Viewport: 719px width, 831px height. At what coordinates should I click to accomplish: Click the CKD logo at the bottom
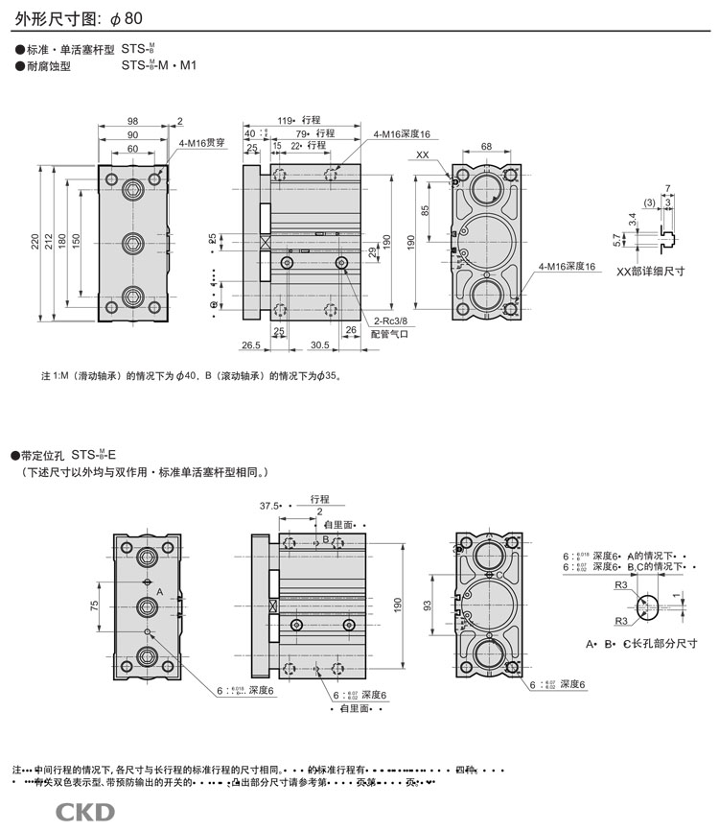point(85,813)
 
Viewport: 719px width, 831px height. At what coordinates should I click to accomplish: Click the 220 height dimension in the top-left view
point(35,245)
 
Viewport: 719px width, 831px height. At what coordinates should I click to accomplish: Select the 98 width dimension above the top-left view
point(132,121)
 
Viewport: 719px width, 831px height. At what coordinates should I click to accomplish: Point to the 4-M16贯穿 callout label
point(200,142)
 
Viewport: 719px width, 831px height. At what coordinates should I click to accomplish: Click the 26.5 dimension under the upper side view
point(251,344)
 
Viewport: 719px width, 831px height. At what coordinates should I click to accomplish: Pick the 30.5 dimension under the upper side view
point(320,344)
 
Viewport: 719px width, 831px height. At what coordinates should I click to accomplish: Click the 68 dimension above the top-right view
point(486,146)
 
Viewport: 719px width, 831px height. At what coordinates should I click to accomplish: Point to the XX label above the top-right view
point(423,154)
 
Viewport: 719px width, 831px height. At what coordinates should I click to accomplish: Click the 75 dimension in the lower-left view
point(94,605)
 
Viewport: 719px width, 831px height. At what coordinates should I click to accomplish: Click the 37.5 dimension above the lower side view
point(269,505)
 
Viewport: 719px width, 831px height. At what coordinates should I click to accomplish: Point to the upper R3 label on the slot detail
point(620,584)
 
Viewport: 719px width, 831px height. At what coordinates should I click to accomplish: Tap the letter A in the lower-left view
point(160,592)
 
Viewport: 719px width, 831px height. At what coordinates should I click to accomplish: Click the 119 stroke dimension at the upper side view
point(285,121)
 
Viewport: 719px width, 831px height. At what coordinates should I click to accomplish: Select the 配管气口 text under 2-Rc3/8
point(390,334)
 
